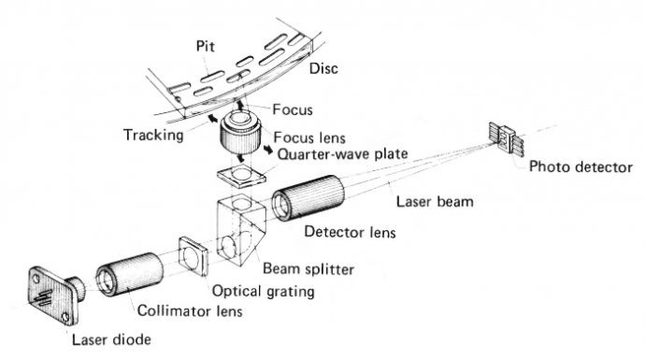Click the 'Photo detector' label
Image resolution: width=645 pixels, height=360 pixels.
[x=577, y=168]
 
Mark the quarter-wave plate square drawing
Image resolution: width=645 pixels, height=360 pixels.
[x=239, y=176]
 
